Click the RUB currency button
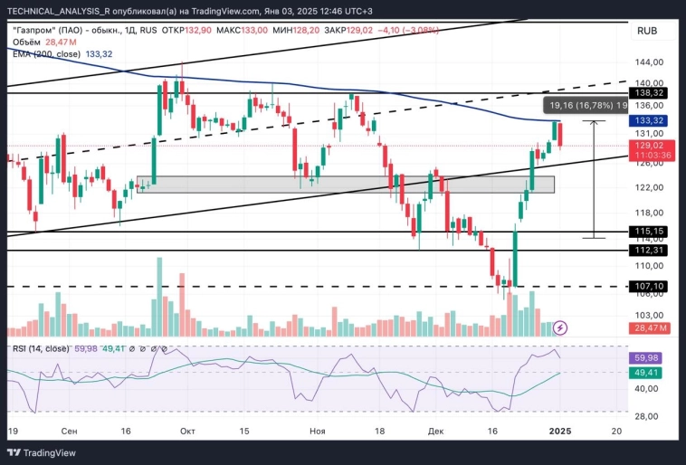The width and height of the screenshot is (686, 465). coord(647,31)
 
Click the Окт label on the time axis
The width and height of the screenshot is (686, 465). coord(188,432)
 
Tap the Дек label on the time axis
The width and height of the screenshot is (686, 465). coord(437,432)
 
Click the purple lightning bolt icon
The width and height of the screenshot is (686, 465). coord(560,327)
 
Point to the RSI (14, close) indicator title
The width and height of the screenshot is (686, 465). coord(41,348)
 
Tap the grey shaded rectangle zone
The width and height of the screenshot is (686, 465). coord(344,184)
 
